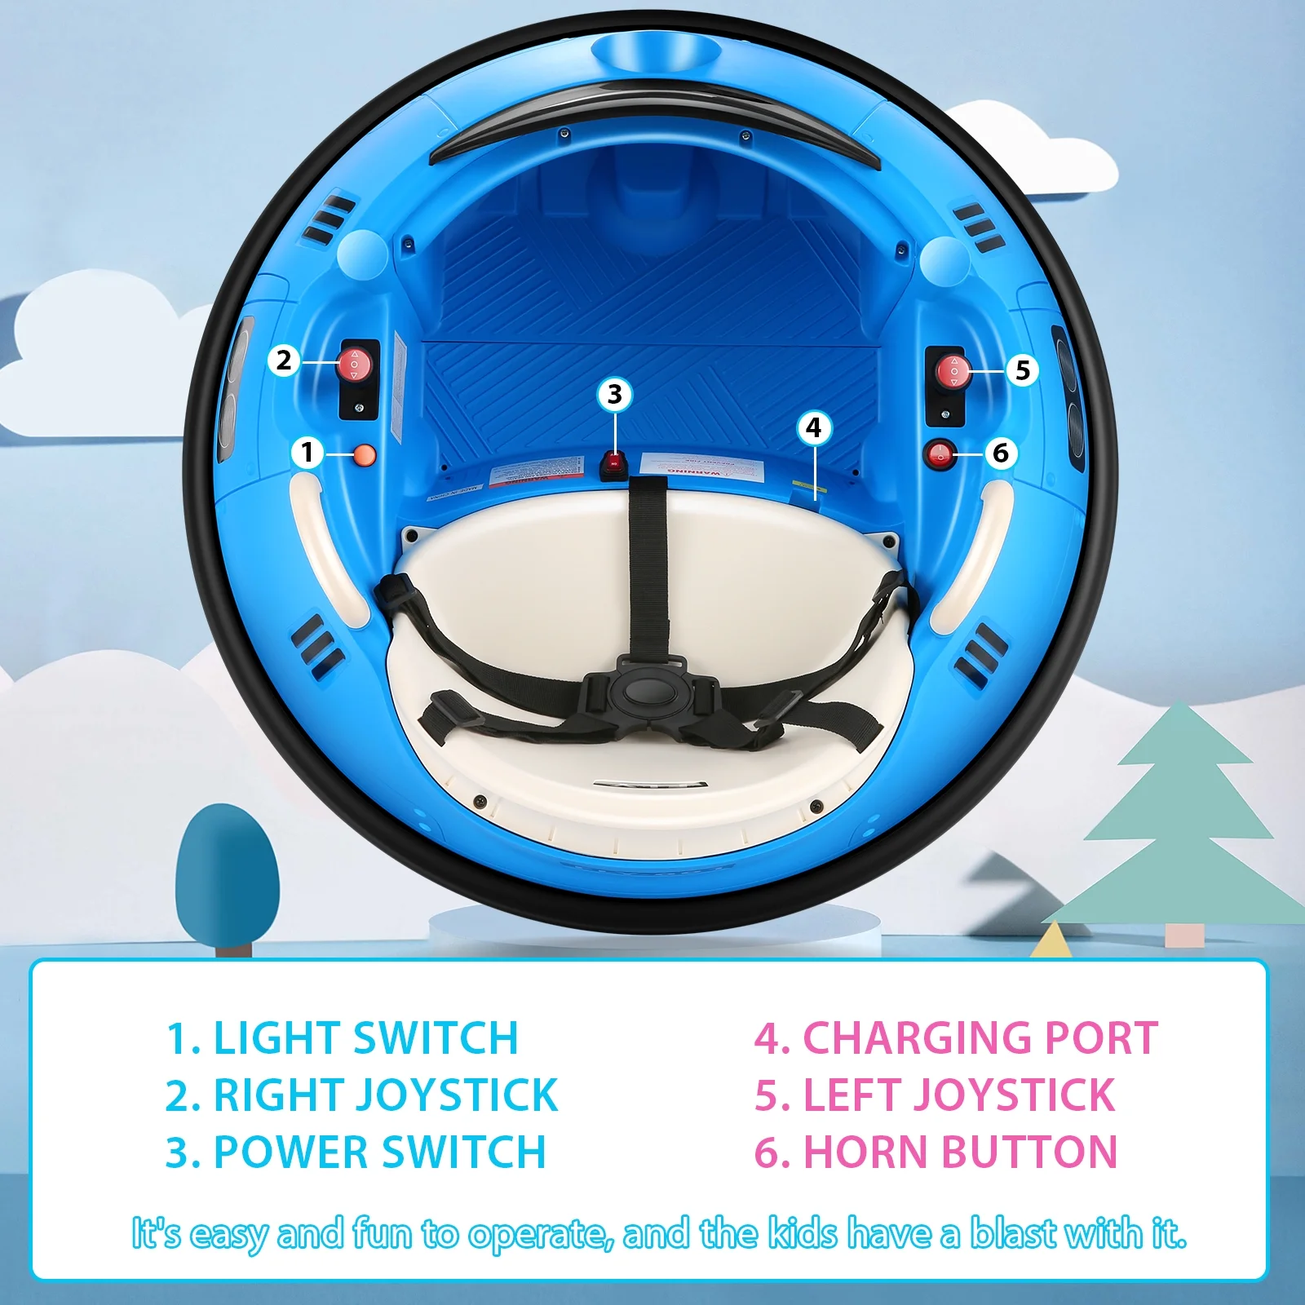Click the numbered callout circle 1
coord(307,452)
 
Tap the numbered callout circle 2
coord(283,360)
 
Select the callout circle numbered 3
coord(615,395)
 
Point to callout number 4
coord(813,427)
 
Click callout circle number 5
coord(1022,370)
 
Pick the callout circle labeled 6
coord(1001,453)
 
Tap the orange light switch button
coord(364,455)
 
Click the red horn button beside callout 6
coord(940,454)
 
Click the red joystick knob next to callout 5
coord(952,371)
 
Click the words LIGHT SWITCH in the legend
coord(365,1038)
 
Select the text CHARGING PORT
coord(980,1038)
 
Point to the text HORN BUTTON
coord(960,1152)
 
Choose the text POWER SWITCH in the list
coord(379,1152)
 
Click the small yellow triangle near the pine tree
coord(1052,942)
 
